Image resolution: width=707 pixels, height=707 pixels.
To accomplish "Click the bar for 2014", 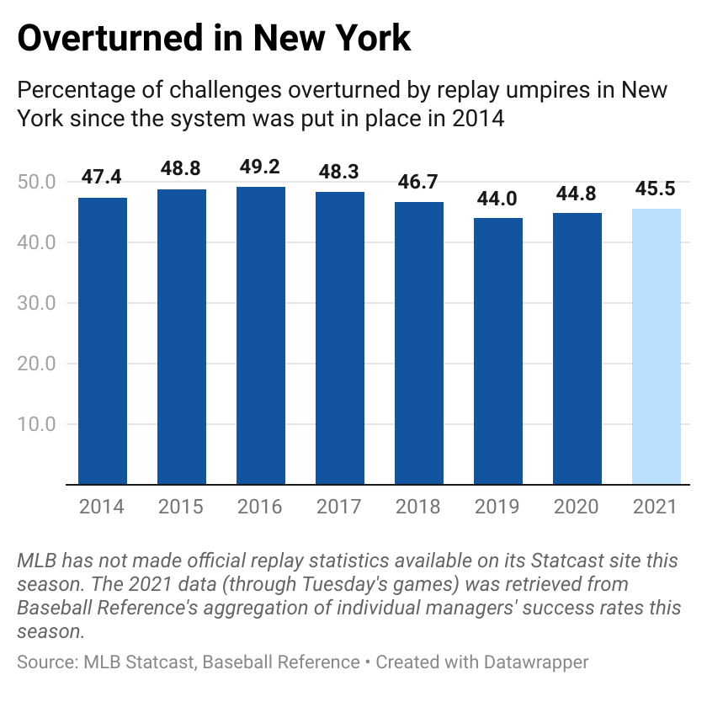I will (x=103, y=341).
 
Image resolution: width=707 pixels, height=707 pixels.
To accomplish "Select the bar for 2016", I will (x=261, y=336).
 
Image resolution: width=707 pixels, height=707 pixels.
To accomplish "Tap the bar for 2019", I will (x=498, y=351).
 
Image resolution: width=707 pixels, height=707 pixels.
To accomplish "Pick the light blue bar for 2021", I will (x=656, y=347).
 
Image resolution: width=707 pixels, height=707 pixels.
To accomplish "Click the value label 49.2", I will (x=261, y=167).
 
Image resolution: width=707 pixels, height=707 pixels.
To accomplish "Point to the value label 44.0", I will (x=498, y=199).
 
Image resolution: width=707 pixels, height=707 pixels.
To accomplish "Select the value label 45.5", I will (x=656, y=190).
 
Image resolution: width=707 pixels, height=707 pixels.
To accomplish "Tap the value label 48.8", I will (x=182, y=169).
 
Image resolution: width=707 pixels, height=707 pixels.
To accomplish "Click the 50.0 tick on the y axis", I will (x=36, y=182).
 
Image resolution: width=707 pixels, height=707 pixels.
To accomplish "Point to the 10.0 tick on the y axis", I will (x=36, y=424).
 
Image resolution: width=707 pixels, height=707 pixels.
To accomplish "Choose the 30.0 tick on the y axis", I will (x=36, y=303).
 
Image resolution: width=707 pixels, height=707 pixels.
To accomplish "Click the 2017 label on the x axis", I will (x=340, y=507).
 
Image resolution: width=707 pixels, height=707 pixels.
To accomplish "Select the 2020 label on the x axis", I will (x=577, y=507).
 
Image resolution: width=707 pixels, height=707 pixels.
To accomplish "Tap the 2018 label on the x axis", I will (x=419, y=507).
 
